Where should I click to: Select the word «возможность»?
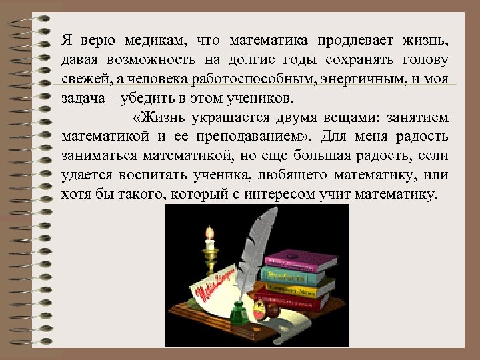tap(155, 59)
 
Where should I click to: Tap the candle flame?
tap(210, 233)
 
